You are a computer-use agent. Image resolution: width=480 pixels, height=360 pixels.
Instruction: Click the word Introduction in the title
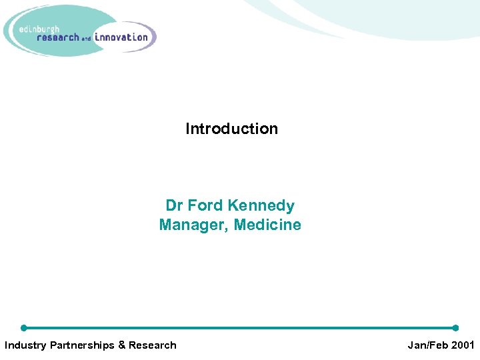point(231,129)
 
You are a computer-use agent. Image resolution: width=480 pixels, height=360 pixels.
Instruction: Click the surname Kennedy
point(261,206)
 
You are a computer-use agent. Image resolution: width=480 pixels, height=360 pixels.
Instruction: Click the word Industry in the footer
point(25,345)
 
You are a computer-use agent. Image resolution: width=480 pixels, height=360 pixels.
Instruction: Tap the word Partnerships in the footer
point(83,345)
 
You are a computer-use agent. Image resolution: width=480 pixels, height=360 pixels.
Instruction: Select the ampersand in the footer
point(122,345)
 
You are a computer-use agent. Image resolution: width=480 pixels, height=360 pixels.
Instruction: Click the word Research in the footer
point(153,345)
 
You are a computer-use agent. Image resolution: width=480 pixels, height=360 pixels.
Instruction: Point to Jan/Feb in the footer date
point(428,345)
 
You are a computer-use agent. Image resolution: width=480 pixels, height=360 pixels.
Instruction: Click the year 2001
point(463,345)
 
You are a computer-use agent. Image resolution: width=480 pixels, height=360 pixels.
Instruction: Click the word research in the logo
point(58,37)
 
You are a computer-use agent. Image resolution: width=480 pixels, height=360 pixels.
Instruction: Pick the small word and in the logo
point(87,39)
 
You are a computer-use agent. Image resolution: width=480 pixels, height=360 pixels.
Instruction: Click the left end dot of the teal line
point(24,328)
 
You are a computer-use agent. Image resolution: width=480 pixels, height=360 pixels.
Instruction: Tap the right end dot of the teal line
point(455,328)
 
